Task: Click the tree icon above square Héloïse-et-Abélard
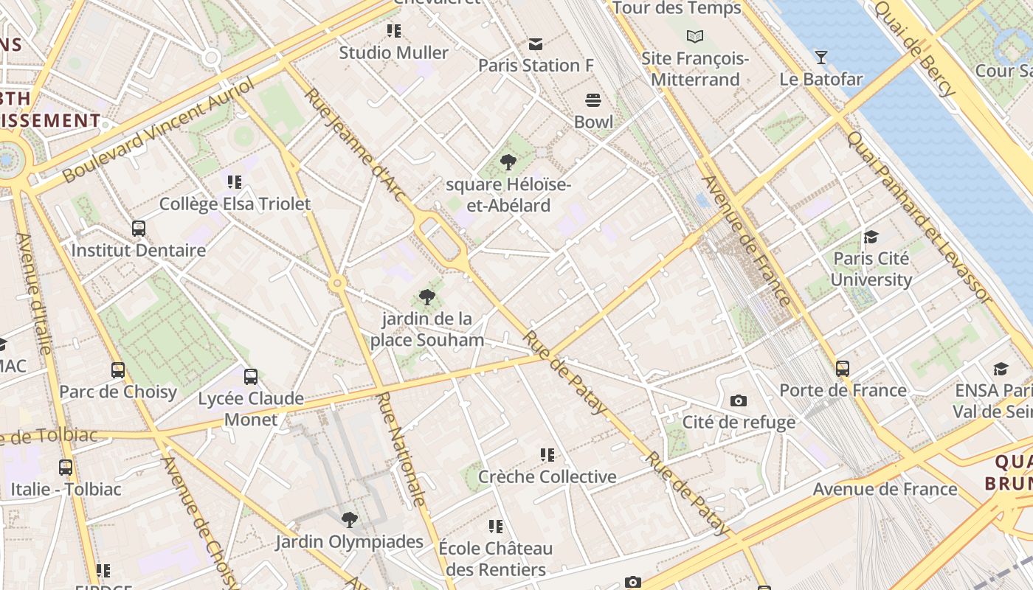coord(508,162)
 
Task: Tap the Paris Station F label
coord(536,65)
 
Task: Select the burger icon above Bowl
coord(593,100)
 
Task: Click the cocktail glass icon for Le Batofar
coord(820,57)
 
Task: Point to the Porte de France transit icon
coord(843,368)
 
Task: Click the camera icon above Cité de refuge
coord(739,400)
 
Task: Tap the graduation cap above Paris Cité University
coord(871,237)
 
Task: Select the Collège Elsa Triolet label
coord(235,204)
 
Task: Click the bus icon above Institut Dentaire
coord(139,228)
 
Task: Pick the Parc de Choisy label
coord(118,392)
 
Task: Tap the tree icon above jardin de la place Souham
coord(426,297)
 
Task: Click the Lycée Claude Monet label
coord(251,409)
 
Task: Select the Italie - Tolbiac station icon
coord(66,467)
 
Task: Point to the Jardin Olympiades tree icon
coord(350,520)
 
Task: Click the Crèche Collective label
coord(547,476)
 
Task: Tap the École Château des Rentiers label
coord(495,558)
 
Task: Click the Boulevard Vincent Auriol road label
coord(158,130)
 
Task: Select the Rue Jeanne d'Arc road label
coord(355,145)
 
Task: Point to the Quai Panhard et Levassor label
coord(919,217)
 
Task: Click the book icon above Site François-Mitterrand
coord(695,36)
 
